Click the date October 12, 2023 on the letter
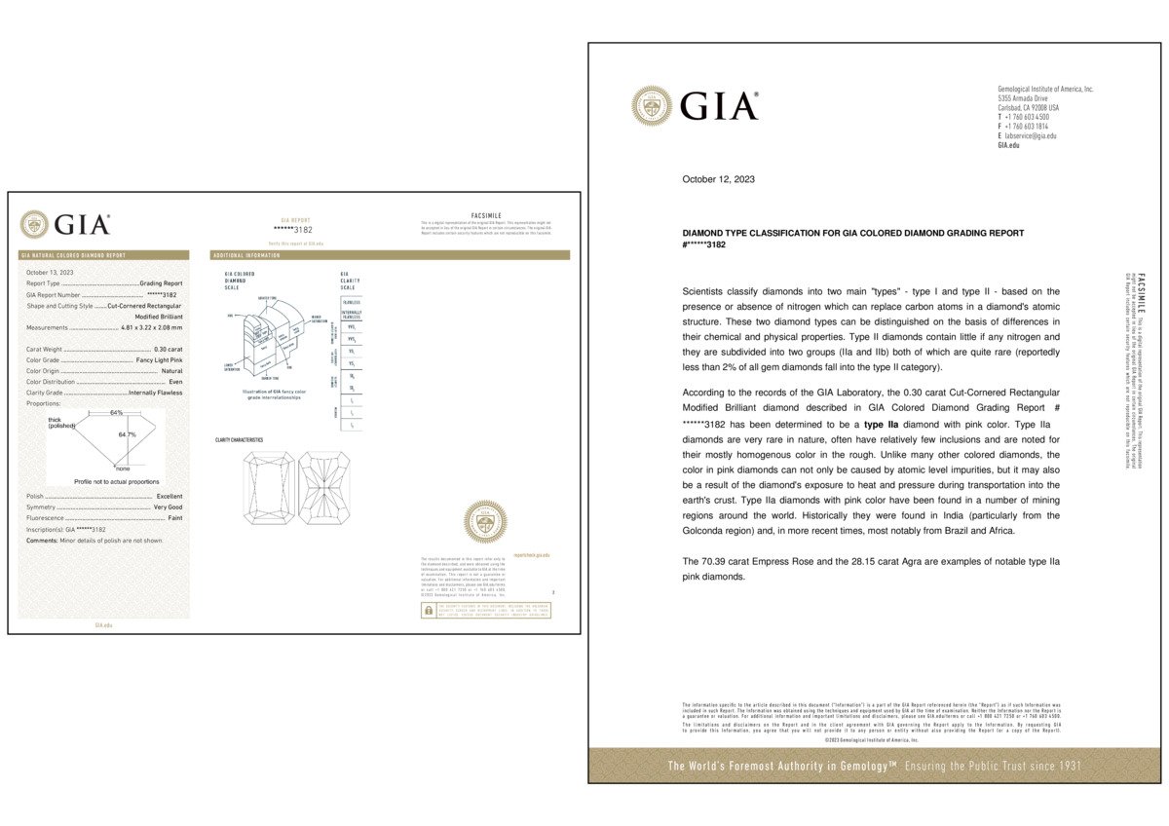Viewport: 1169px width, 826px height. [717, 179]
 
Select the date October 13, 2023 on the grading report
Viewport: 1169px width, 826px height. [50, 272]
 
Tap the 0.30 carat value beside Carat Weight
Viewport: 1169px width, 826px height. [168, 348]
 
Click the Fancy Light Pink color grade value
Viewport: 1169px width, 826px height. [159, 359]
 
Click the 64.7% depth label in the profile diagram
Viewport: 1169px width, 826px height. [127, 434]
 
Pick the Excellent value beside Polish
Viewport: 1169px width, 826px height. [169, 497]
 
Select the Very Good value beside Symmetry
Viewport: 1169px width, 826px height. [168, 507]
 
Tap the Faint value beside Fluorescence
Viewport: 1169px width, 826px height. [175, 518]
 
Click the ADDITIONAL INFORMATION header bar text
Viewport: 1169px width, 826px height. [245, 255]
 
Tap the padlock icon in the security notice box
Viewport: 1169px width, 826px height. [427, 610]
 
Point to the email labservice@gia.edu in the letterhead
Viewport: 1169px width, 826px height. [1031, 135]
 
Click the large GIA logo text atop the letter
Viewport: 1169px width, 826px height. [719, 105]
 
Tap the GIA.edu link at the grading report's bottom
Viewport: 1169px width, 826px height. [102, 624]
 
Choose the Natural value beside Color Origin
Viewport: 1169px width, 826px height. [171, 371]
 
